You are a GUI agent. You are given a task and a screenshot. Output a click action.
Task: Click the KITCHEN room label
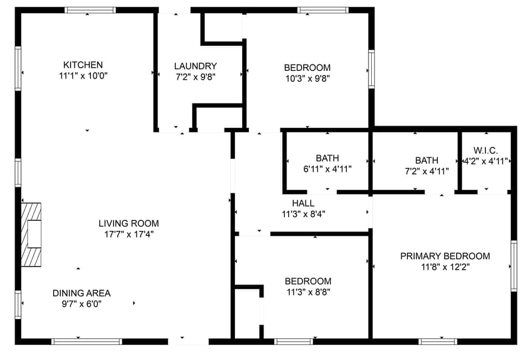[x=83, y=65]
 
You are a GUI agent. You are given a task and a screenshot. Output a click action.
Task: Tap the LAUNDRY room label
[x=195, y=66]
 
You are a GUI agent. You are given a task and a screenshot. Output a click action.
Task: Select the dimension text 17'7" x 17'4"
[x=129, y=234]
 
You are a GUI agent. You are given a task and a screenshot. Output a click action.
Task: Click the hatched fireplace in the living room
[x=31, y=234]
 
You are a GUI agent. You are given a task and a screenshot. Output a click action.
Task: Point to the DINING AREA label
[x=81, y=293]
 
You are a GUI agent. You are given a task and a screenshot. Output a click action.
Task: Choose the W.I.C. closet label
[x=485, y=151]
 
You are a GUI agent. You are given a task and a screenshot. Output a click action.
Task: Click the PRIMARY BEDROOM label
[x=445, y=256]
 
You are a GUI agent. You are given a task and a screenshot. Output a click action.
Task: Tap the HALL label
[x=303, y=203]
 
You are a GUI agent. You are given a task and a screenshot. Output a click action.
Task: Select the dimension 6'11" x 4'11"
[x=327, y=169]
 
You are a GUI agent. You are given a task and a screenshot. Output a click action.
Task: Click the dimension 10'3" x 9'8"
[x=307, y=78]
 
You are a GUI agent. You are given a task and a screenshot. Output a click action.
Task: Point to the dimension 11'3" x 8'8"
[x=308, y=291]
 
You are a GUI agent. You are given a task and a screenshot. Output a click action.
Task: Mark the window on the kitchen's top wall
[x=90, y=10]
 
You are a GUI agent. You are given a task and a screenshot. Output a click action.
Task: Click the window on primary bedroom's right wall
[x=514, y=266]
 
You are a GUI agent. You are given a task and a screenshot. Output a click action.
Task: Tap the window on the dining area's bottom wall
[x=86, y=341]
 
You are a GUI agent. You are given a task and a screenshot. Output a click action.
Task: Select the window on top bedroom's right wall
[x=371, y=69]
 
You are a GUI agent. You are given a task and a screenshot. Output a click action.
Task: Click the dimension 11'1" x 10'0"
[x=83, y=76]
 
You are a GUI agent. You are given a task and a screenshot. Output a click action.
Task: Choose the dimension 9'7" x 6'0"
[x=81, y=304]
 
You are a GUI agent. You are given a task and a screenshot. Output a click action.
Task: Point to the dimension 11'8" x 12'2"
[x=445, y=267]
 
